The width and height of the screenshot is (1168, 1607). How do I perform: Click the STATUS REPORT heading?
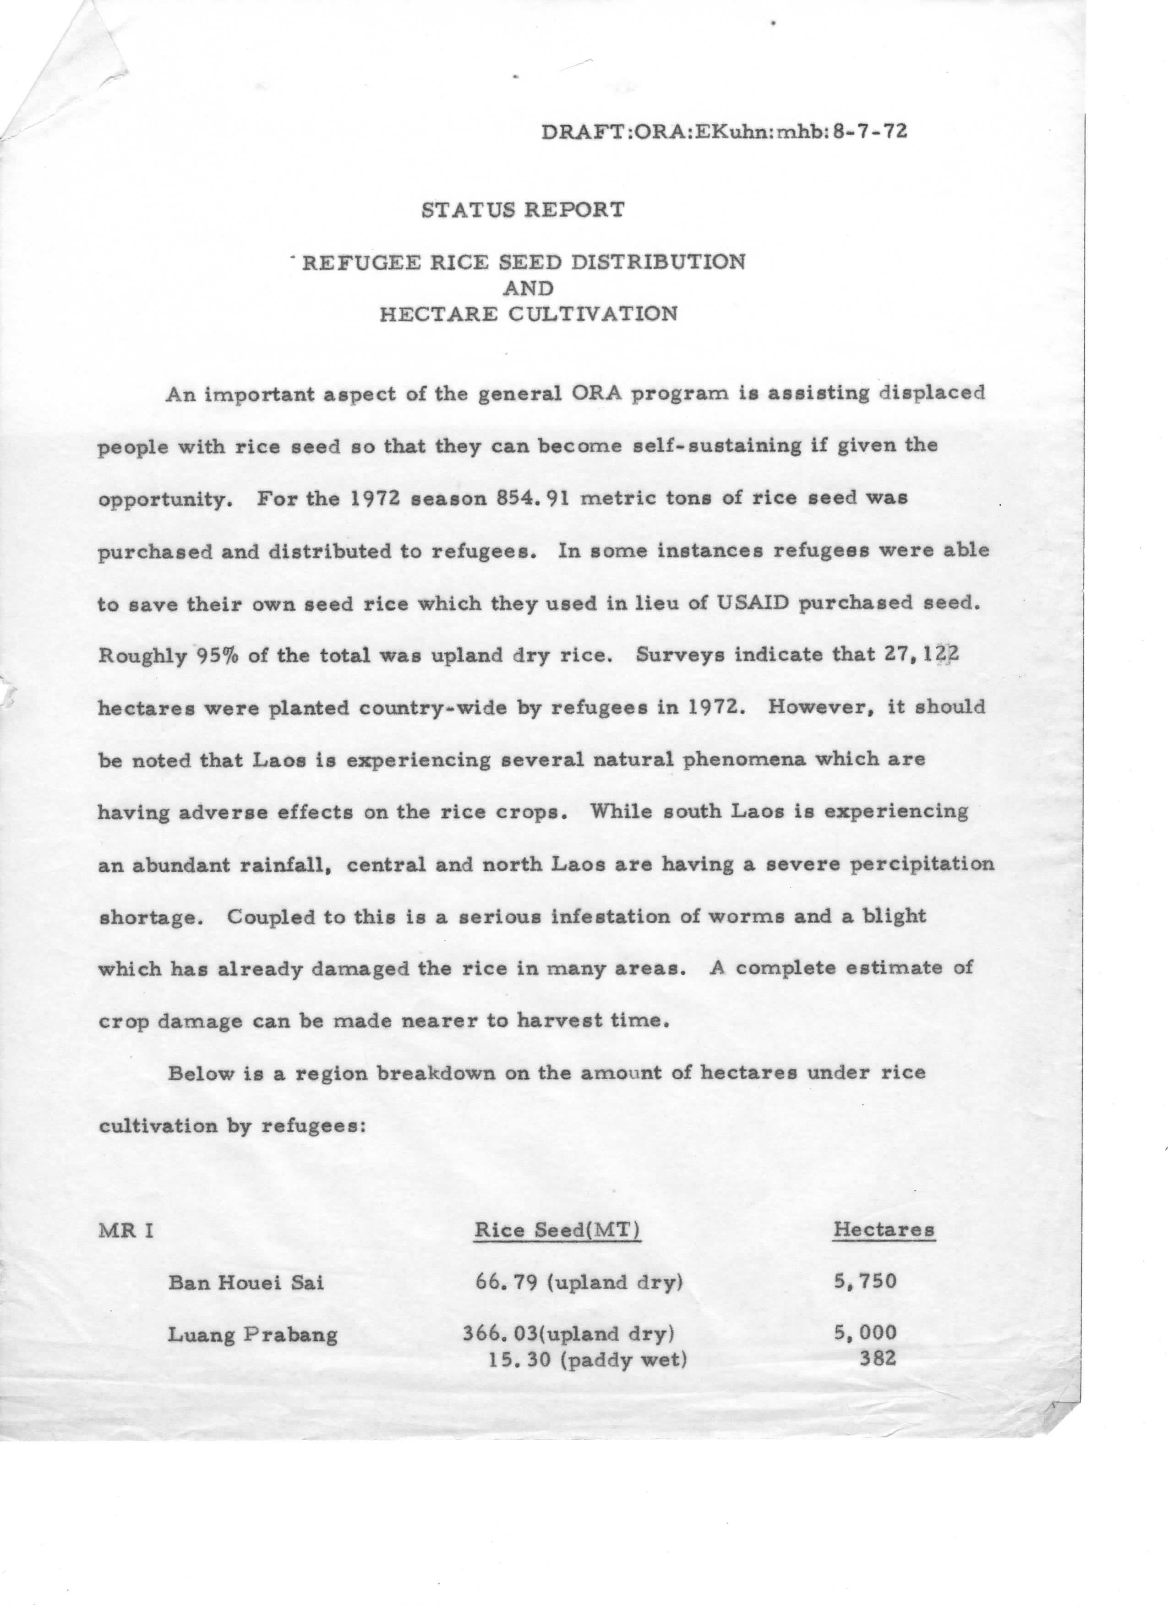[523, 210]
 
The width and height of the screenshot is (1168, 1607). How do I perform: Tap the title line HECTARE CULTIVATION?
[528, 314]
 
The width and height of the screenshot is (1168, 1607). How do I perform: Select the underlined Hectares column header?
[883, 1230]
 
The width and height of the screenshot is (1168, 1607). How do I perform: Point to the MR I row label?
[126, 1230]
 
